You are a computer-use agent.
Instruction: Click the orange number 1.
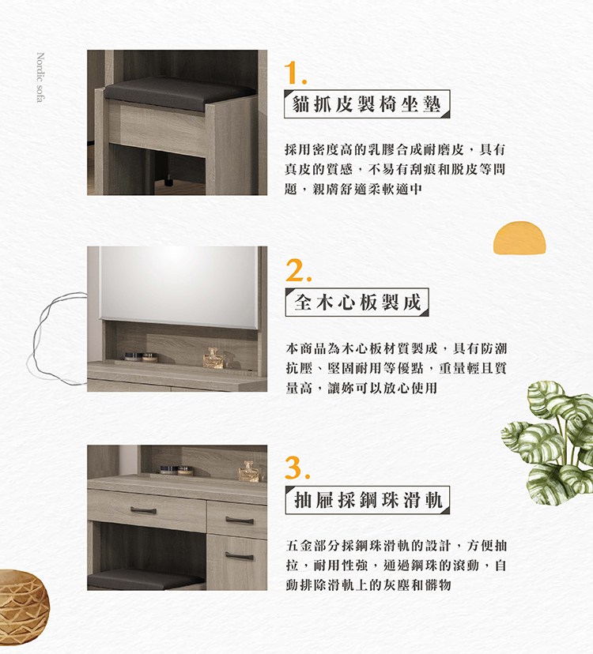pos(295,73)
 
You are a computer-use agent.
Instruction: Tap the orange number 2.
pos(298,270)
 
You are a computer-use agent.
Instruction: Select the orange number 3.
pos(298,468)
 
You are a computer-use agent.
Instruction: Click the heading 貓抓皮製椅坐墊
pos(367,103)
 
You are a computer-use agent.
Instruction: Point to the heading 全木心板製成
pos(357,302)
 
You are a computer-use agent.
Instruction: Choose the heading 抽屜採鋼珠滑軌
pos(368,500)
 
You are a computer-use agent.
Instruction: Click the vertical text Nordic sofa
pos(40,77)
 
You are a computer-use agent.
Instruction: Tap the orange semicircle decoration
pos(519,237)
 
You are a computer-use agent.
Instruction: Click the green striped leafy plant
pos(548,443)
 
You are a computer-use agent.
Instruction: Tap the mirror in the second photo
pos(179,286)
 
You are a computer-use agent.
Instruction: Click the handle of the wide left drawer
pos(143,509)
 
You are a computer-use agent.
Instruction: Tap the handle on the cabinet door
pos(240,555)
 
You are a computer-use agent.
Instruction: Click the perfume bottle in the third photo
pos(249,472)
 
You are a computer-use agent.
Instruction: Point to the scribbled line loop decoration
pos(56,339)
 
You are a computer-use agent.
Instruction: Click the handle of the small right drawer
pos(240,520)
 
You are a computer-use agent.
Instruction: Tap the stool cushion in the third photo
pos(146,579)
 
